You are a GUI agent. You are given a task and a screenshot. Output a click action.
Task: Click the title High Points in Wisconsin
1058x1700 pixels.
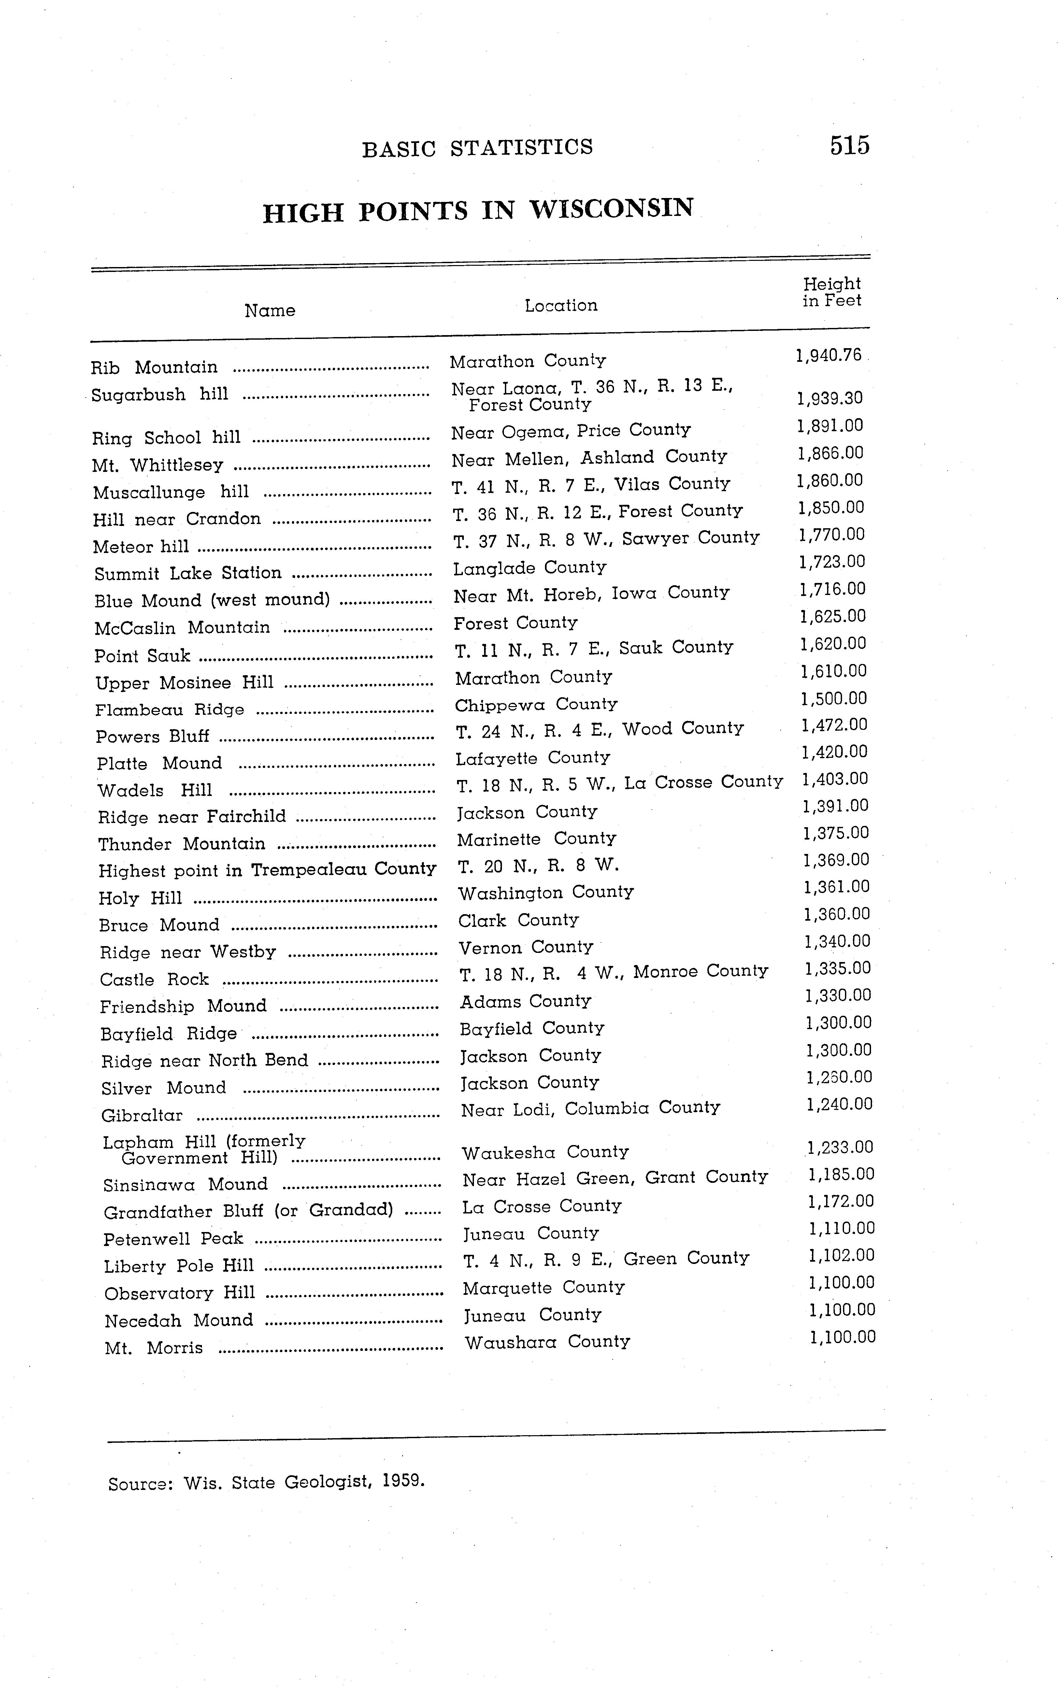tap(478, 210)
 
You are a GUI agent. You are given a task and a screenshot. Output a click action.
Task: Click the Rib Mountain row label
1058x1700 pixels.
tap(155, 367)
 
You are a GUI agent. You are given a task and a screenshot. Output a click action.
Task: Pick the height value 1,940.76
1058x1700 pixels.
tap(828, 355)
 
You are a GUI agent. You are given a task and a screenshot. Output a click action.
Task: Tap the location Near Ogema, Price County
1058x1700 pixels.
tap(570, 431)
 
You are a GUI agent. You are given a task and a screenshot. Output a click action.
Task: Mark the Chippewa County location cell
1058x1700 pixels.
tap(536, 704)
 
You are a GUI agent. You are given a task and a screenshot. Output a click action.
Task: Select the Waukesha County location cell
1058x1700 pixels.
tap(545, 1152)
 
